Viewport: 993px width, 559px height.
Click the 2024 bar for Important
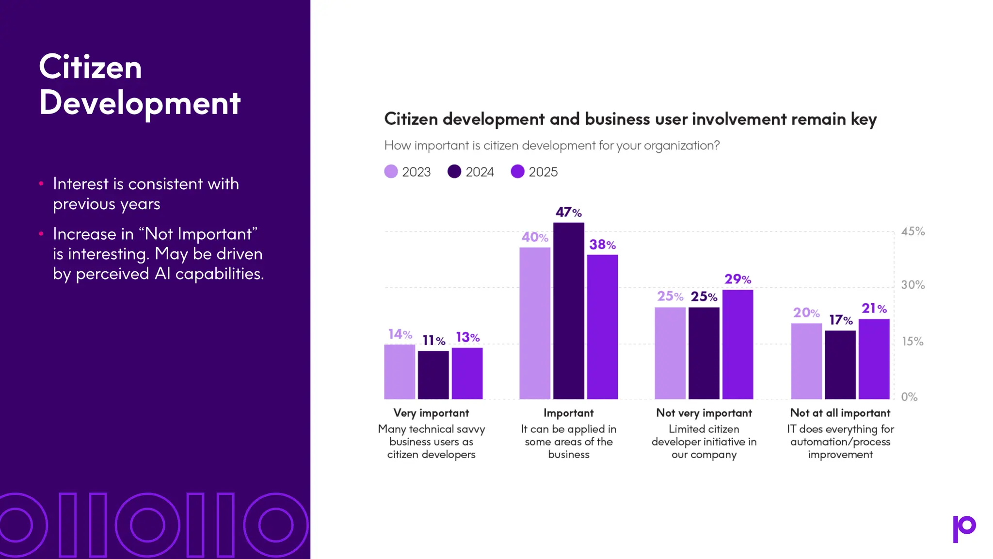pos(568,311)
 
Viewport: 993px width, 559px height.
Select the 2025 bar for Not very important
pos(737,345)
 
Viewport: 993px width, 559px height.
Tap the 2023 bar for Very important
pos(400,372)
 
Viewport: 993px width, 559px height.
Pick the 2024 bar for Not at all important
pos(840,365)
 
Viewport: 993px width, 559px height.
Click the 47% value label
pos(568,213)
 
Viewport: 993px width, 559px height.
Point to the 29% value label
pos(737,279)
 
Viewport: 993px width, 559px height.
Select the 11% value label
pos(433,341)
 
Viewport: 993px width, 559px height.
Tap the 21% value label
pos(874,309)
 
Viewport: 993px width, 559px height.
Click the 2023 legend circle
pos(391,172)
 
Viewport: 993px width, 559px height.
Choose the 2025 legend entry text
pos(543,172)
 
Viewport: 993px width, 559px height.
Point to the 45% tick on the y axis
pos(913,232)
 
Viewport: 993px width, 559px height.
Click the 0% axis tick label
pos(909,397)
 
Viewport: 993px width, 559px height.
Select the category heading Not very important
pos(704,413)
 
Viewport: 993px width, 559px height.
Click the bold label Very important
pos(431,413)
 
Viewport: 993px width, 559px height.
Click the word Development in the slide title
pos(140,103)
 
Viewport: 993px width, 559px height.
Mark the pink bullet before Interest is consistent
pos(41,183)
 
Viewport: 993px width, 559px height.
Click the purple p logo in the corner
pos(964,528)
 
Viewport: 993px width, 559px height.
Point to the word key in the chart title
pos(864,119)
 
